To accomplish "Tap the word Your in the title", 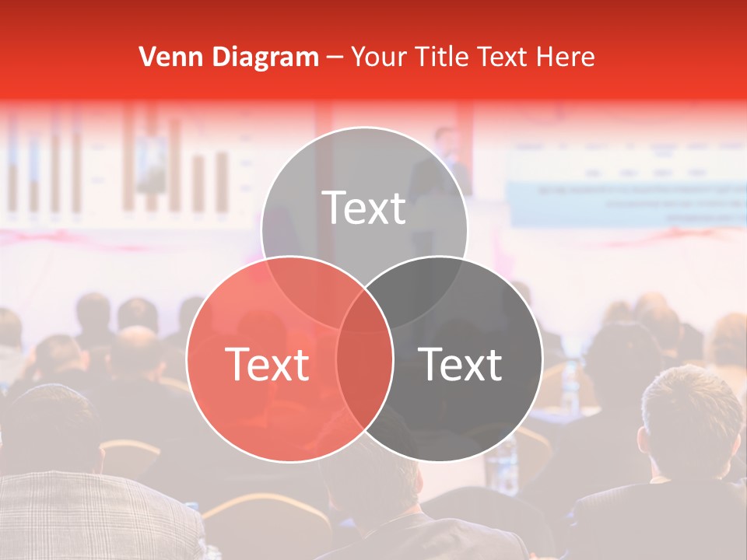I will pyautogui.click(x=381, y=57).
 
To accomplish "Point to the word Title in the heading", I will pyautogui.click(x=444, y=57).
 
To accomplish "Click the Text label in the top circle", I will pyautogui.click(x=364, y=208).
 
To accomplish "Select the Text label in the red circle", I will pyautogui.click(x=267, y=364).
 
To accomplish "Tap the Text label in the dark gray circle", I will pyautogui.click(x=461, y=364).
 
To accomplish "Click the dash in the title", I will pyautogui.click(x=335, y=57).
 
